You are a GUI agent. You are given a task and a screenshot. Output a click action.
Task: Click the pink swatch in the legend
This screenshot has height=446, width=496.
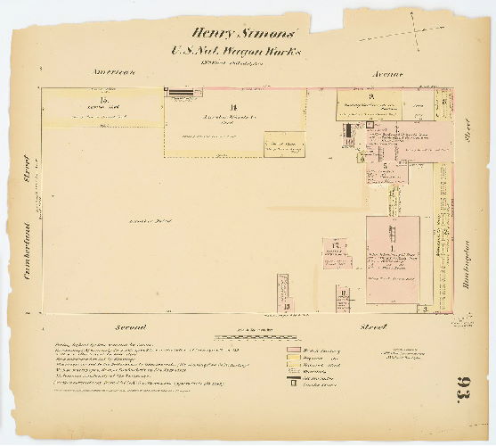pos(294,350)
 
